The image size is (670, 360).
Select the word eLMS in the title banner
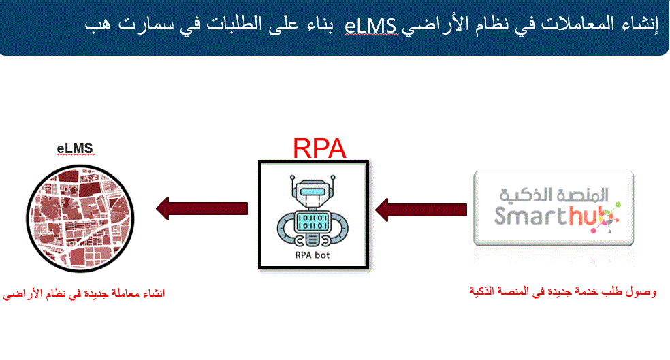coord(371,26)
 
